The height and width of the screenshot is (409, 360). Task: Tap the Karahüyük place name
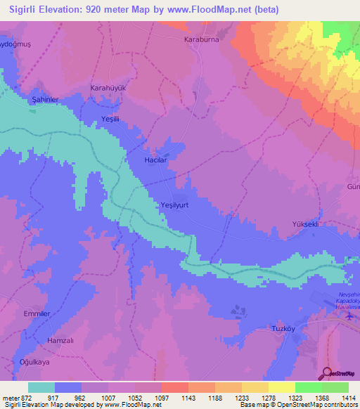[108, 88]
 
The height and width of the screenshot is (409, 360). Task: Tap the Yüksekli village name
[306, 224]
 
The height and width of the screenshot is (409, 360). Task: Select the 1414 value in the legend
[349, 397]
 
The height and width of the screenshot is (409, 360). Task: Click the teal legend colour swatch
[41, 387]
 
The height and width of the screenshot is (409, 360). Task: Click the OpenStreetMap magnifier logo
[325, 374]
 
